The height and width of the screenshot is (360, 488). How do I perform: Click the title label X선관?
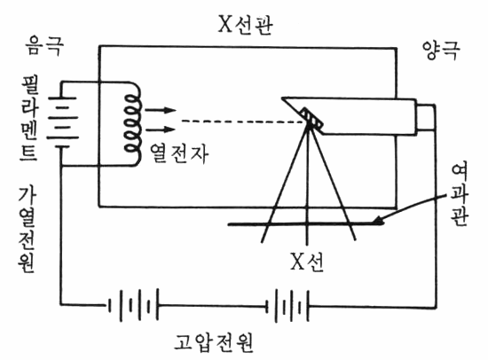coord(246,24)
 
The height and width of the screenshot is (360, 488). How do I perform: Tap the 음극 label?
coord(45,46)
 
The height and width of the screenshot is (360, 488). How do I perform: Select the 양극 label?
coord(441,50)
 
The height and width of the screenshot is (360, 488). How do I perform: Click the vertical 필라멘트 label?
coord(29,118)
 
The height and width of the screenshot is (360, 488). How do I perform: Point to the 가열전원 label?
coord(28,230)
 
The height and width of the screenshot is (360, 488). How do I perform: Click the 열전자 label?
coord(179,153)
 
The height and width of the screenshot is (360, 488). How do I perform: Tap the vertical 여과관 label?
coord(460,195)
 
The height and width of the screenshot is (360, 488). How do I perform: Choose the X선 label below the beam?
coord(307,262)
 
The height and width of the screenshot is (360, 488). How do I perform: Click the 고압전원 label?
coord(214,342)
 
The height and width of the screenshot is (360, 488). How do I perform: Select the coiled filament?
coord(133,124)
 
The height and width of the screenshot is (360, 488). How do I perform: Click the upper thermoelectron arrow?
coord(161,110)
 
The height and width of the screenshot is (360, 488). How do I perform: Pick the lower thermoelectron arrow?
coord(161,129)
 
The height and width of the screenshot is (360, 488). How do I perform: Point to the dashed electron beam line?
coord(243,121)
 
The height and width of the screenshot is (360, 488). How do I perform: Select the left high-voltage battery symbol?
coord(133,305)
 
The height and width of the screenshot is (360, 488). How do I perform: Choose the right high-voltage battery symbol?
coord(287,306)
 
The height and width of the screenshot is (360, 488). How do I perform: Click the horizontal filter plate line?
coord(306,223)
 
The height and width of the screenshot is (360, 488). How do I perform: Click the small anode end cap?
coord(425,118)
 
